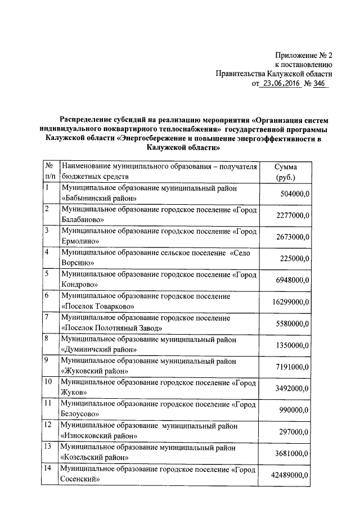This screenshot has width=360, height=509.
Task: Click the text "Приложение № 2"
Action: click(x=304, y=56)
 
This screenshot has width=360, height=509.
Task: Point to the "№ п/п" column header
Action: click(x=50, y=172)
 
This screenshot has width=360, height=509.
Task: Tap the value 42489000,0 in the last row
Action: click(x=291, y=475)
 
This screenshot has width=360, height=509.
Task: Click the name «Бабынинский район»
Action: click(x=98, y=199)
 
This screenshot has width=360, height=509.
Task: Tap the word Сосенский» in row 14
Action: click(x=80, y=479)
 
